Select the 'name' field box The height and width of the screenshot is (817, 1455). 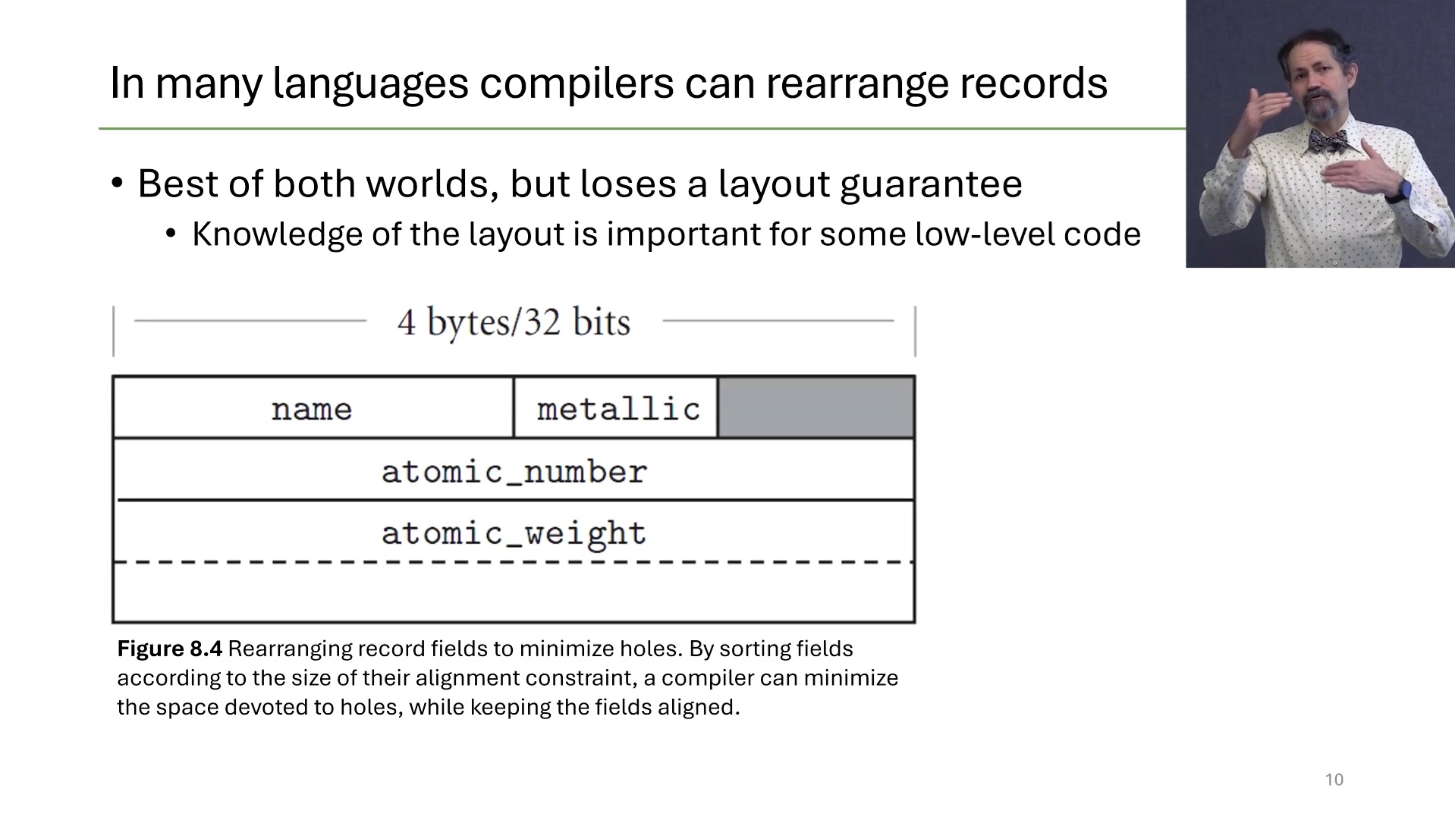(313, 407)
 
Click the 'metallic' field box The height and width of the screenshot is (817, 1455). (616, 407)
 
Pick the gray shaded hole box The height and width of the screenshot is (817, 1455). (816, 407)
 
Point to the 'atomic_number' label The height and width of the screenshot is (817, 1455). (514, 472)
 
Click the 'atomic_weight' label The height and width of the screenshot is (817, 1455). (514, 534)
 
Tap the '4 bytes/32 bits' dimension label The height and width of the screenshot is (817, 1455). (514, 322)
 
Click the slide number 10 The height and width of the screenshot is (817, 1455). (1334, 780)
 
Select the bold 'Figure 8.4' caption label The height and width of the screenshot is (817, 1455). (169, 649)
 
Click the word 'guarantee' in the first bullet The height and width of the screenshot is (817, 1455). (932, 184)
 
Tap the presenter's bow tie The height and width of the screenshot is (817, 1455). (1327, 141)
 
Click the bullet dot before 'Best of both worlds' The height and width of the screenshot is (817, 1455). (117, 184)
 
